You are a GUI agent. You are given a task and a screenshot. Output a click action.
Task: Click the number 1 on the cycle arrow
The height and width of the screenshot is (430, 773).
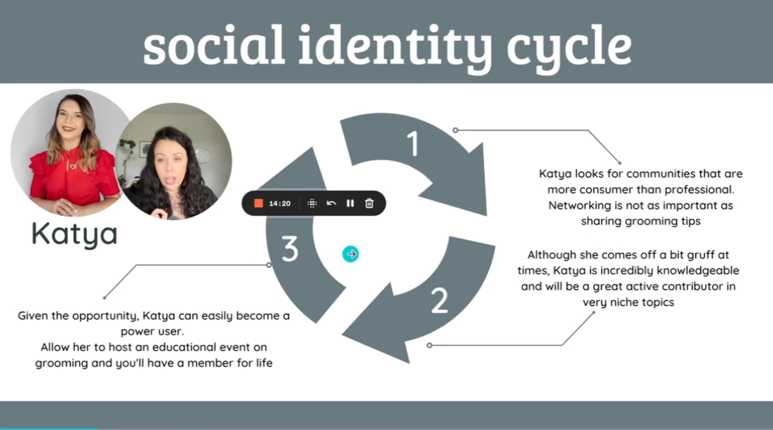pyautogui.click(x=413, y=144)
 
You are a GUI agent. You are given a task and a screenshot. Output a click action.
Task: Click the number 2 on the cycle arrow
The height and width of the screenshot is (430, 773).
pyautogui.click(x=439, y=301)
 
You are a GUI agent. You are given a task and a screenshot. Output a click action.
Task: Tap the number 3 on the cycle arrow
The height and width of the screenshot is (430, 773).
pyautogui.click(x=290, y=249)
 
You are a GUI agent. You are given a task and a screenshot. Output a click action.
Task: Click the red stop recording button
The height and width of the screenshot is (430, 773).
pyautogui.click(x=259, y=203)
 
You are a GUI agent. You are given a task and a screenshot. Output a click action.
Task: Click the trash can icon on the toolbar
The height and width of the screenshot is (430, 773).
pyautogui.click(x=369, y=203)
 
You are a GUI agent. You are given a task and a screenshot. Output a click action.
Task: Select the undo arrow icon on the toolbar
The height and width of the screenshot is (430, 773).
pyautogui.click(x=331, y=203)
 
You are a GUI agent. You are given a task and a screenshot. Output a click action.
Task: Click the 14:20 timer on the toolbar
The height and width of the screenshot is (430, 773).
pyautogui.click(x=280, y=203)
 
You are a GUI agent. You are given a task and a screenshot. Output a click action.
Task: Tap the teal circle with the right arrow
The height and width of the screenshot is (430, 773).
pyautogui.click(x=351, y=254)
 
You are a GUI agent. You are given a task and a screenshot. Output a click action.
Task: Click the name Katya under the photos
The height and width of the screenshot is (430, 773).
pyautogui.click(x=75, y=234)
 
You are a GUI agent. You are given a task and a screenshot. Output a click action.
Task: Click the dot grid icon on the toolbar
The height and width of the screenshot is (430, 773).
pyautogui.click(x=312, y=203)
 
